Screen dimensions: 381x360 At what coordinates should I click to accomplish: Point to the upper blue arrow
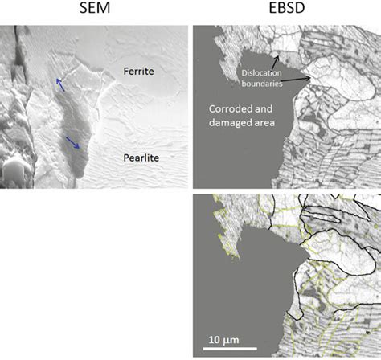(61, 84)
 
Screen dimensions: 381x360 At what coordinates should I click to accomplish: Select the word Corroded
(231, 109)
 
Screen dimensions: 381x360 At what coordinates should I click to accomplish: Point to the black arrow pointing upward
(276, 61)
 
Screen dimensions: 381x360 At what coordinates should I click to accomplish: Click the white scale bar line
(228, 348)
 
